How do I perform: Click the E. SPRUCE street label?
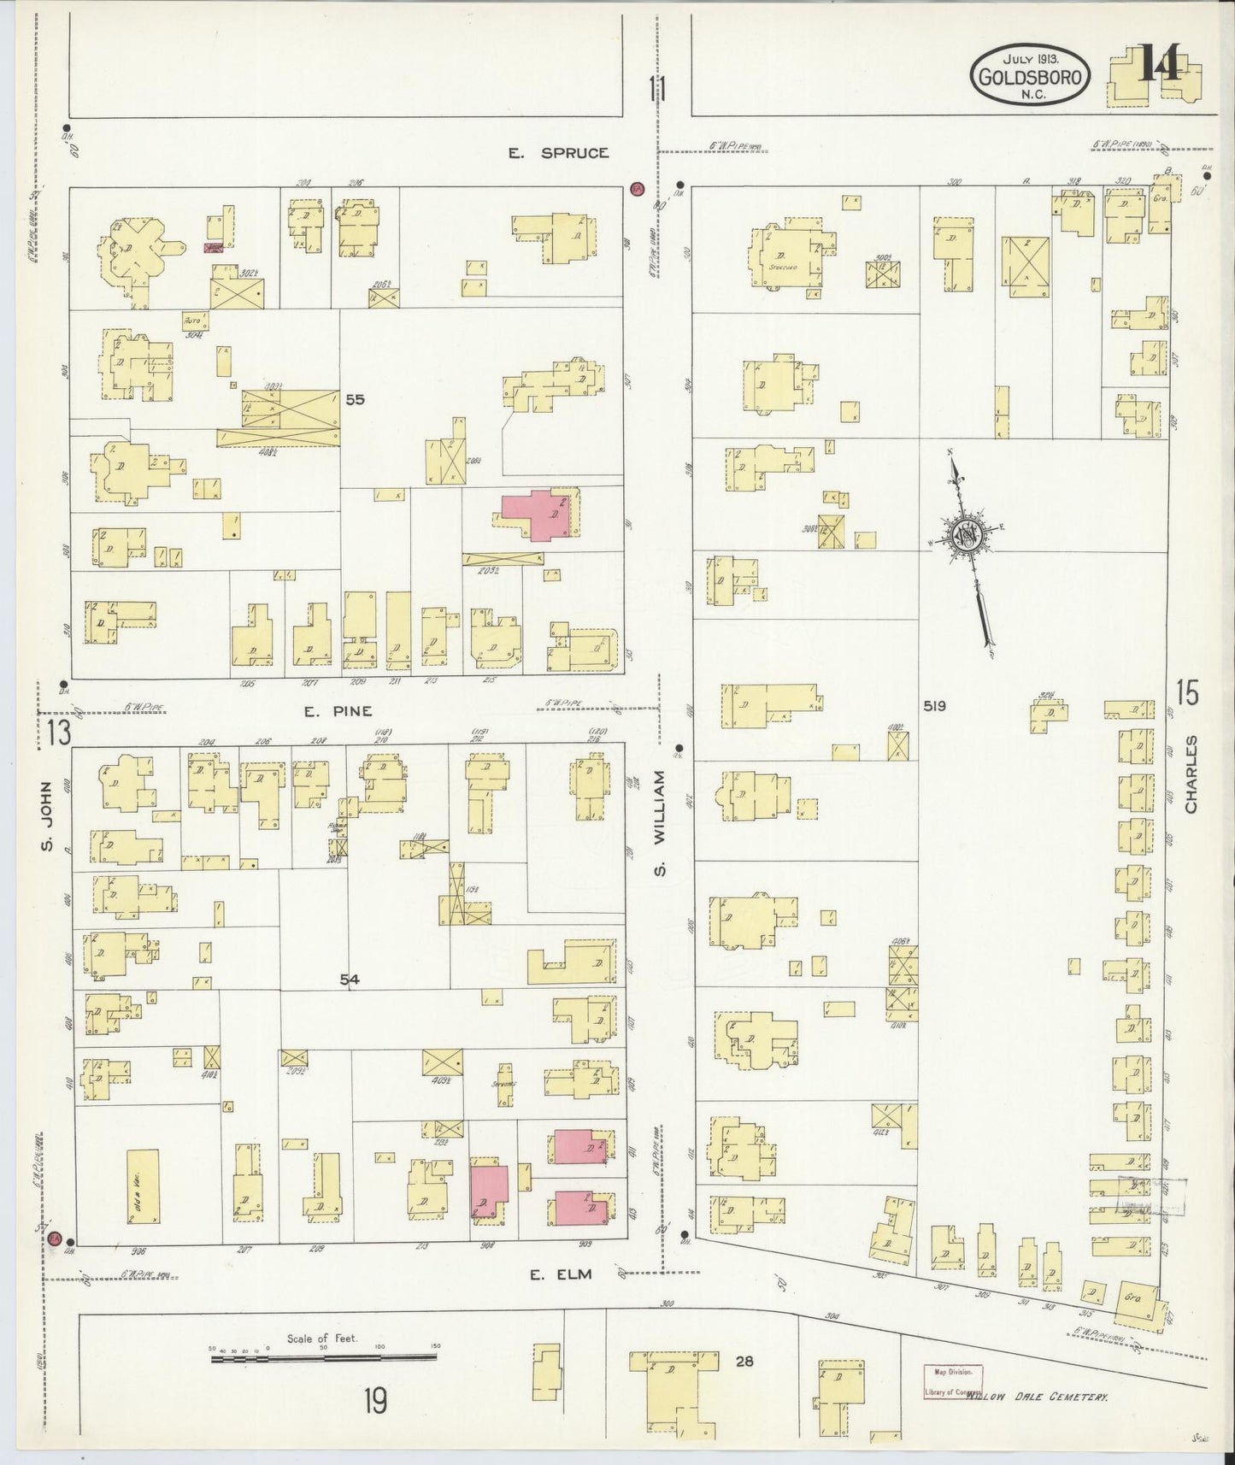pyautogui.click(x=558, y=153)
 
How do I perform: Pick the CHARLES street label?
pyautogui.click(x=1191, y=774)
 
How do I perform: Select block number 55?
pyautogui.click(x=356, y=399)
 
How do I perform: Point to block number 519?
pyautogui.click(x=934, y=706)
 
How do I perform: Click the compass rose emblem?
pyautogui.click(x=969, y=535)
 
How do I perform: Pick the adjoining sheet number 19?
pyautogui.click(x=373, y=1402)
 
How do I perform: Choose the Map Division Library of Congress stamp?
pyautogui.click(x=952, y=1381)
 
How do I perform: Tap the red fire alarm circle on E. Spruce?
pyautogui.click(x=637, y=188)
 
